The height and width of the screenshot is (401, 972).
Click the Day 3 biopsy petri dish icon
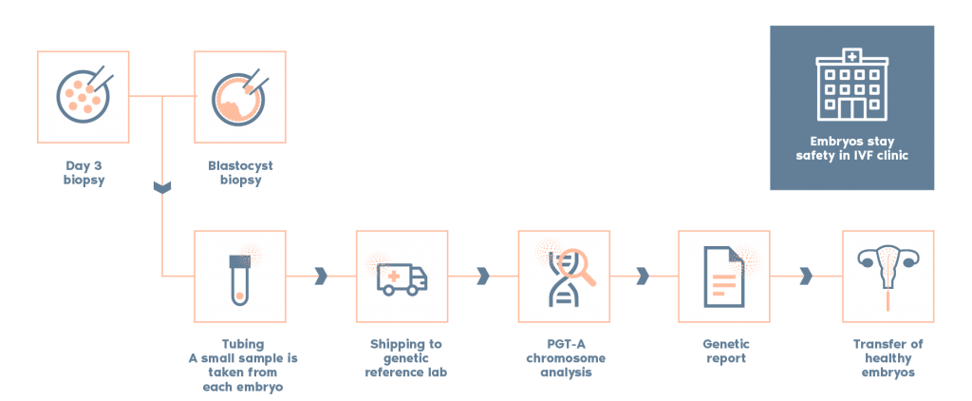coord(83,95)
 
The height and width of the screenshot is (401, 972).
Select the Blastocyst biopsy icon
coord(240,95)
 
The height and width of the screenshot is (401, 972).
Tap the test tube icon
coord(240,276)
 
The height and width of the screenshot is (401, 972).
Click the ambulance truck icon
coord(402,277)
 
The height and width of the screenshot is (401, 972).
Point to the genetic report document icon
coord(722,276)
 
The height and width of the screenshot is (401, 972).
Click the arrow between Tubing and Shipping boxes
coord(320,276)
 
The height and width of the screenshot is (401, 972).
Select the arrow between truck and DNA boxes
coord(482,276)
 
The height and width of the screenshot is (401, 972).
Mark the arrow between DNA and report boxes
coord(643,276)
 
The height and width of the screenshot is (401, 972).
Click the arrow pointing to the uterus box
coord(806,276)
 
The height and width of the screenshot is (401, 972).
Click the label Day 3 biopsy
coord(83,172)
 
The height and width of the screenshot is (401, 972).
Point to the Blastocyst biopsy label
coord(240,172)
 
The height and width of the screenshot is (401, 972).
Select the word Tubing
coord(240,344)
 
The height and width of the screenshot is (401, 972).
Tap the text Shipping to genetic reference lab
coord(403,358)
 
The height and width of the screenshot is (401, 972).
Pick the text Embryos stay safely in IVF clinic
coord(851,147)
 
